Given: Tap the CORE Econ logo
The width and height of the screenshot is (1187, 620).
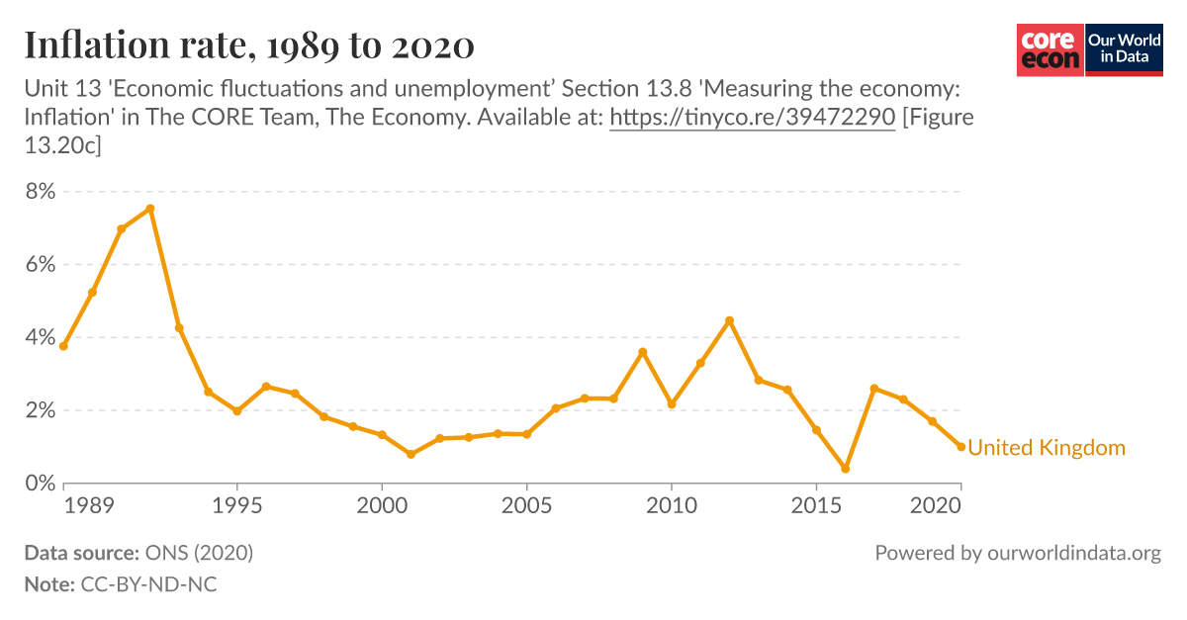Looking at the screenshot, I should (1050, 49).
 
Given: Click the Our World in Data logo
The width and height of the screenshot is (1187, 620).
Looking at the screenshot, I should (1125, 49).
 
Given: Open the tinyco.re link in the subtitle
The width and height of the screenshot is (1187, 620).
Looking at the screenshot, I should (752, 118).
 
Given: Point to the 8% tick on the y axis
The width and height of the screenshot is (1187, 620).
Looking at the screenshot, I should (40, 191).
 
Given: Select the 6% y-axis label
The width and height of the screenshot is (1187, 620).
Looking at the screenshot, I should (40, 264).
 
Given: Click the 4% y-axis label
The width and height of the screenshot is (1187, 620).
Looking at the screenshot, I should (40, 337).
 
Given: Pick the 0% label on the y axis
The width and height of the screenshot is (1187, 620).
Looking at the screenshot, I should (40, 484).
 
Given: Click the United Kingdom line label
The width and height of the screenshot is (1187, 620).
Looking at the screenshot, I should (1046, 448).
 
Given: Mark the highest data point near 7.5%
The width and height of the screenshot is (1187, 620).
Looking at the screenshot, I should (150, 209).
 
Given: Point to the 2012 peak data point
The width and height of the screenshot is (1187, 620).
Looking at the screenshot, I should (729, 320).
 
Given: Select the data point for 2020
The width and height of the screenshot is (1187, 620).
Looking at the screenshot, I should (960, 447).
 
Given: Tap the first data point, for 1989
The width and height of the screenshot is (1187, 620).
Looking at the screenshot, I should (63, 346).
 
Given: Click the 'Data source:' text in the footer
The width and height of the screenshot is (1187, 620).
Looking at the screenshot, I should (81, 554).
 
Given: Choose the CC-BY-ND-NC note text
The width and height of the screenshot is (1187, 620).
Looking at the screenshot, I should (147, 584).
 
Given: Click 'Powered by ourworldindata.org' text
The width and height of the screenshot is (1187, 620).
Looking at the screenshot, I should (1017, 554).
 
